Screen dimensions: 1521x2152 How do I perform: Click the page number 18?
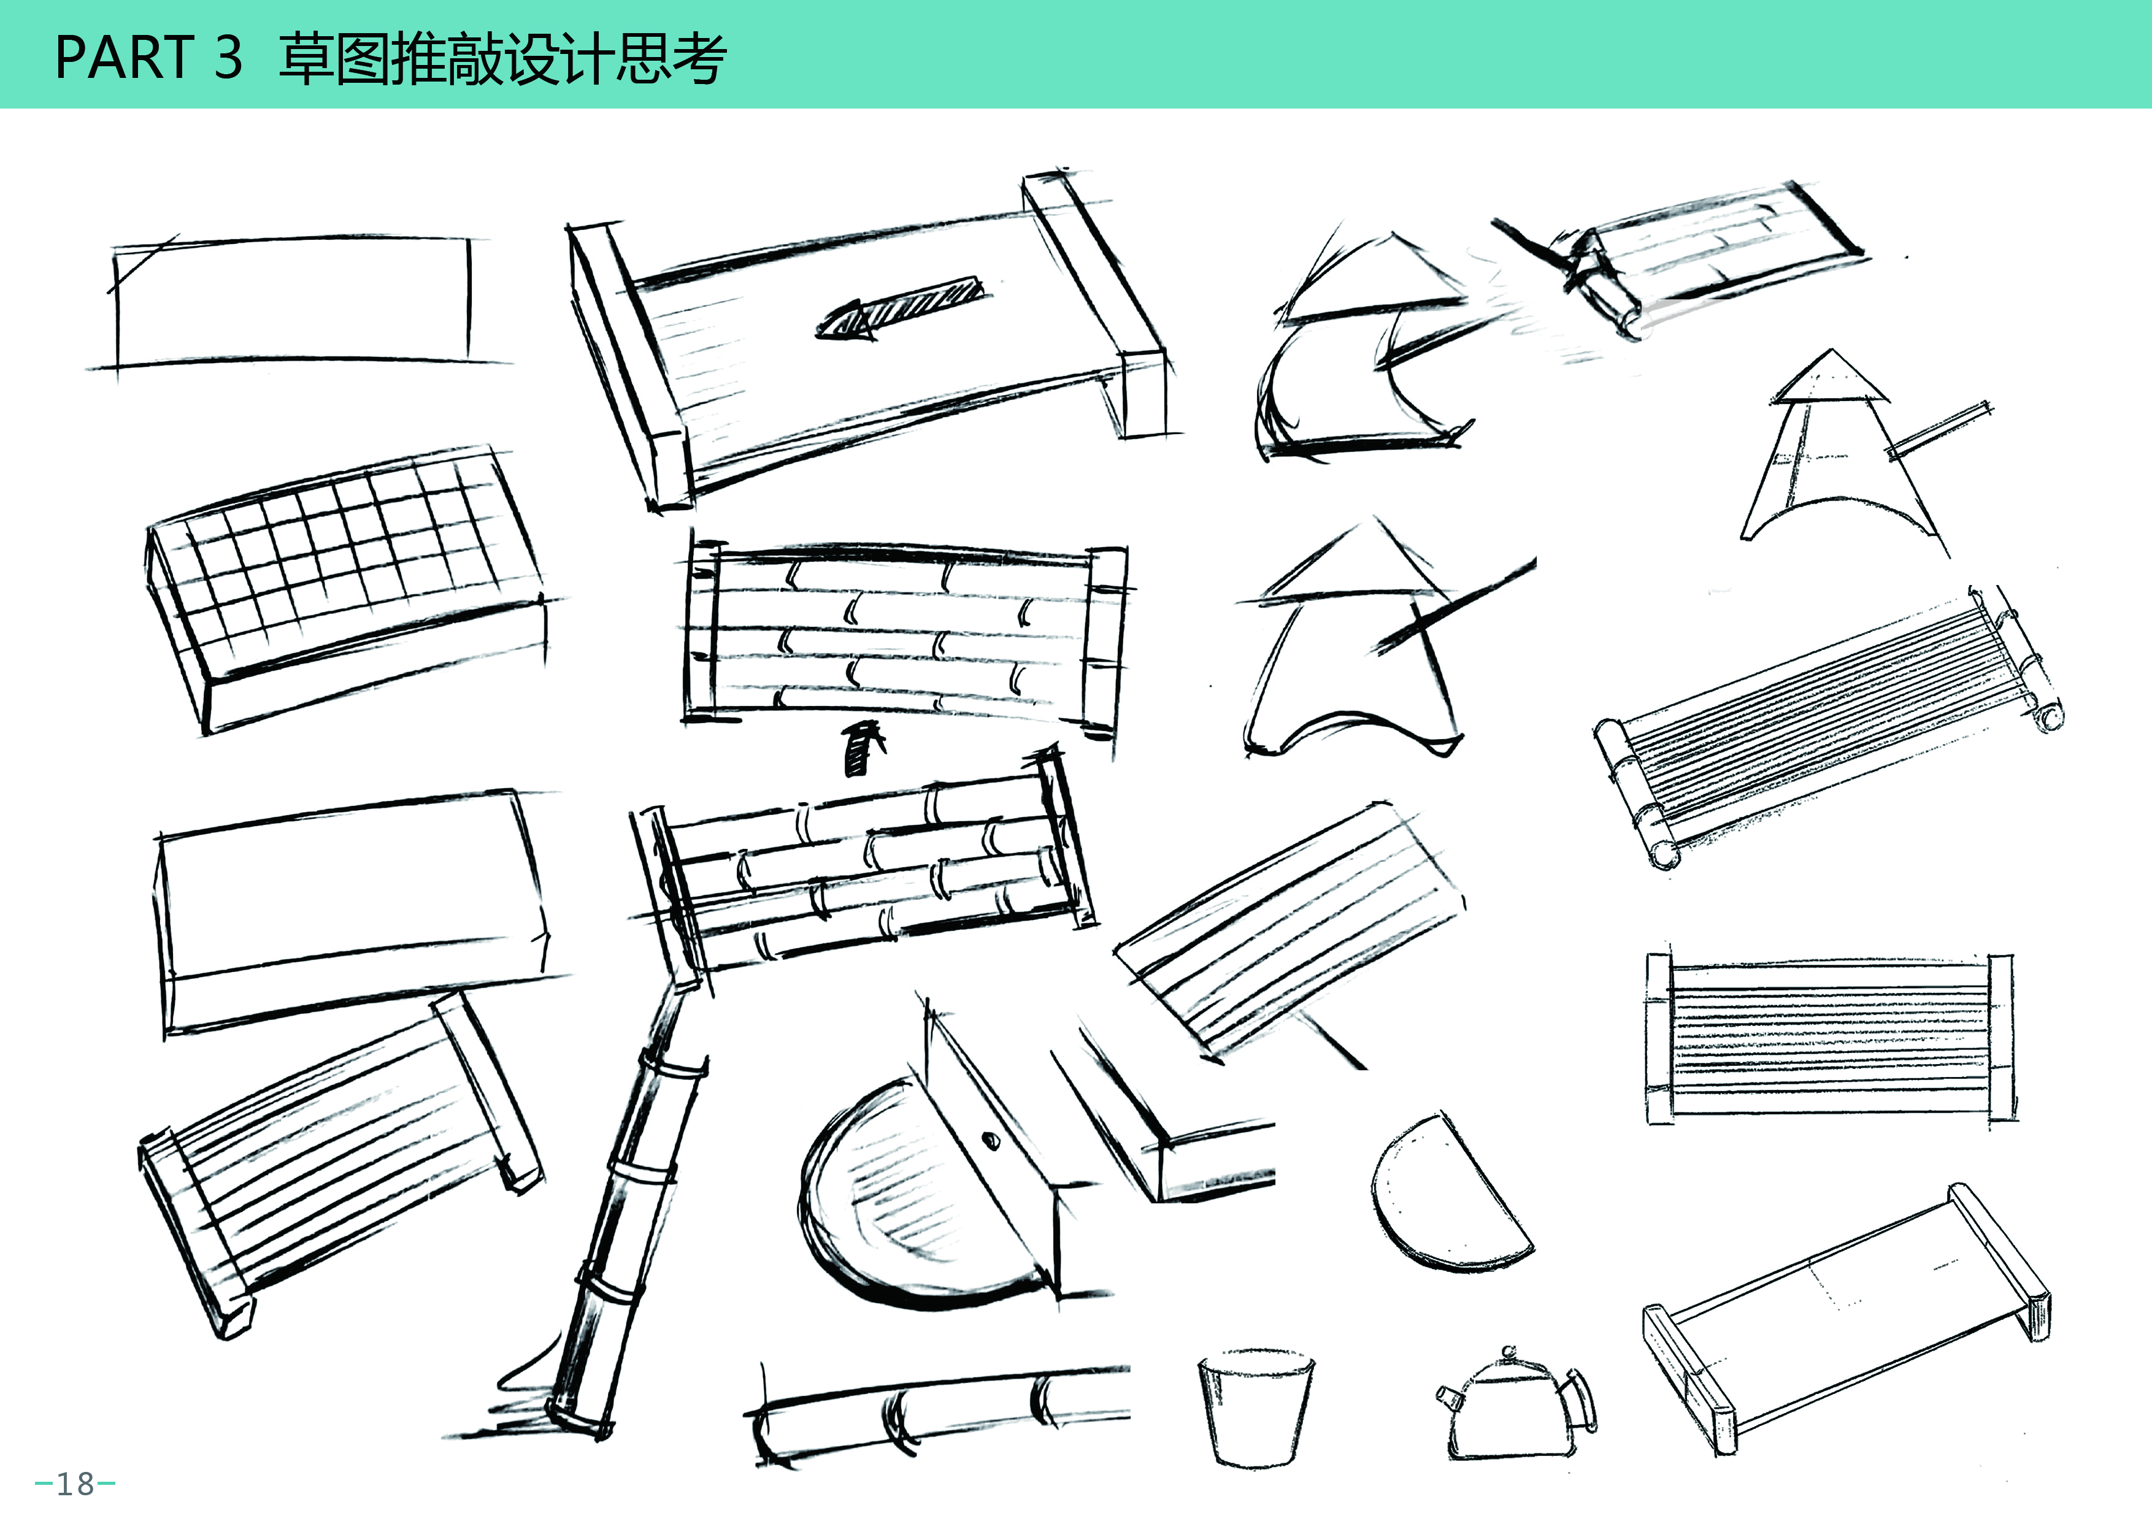pyautogui.click(x=75, y=1484)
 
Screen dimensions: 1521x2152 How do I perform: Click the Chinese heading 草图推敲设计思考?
pyautogui.click(x=501, y=58)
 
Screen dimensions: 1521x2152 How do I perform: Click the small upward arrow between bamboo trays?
pyautogui.click(x=863, y=747)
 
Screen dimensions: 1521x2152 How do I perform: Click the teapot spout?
pyautogui.click(x=1449, y=1399)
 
